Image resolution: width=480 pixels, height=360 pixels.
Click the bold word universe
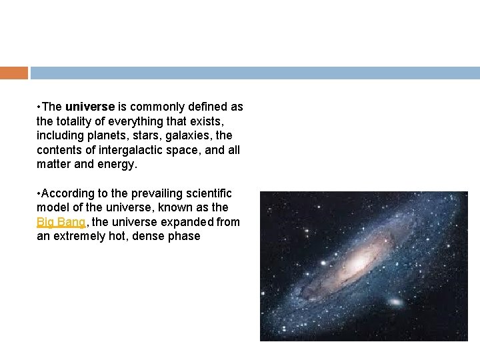pos(90,107)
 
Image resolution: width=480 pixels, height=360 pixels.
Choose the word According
pos(66,193)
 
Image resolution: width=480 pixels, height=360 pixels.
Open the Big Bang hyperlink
pos(61,222)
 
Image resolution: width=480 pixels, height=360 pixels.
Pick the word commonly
pos(154,107)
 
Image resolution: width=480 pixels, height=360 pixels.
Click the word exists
pos(204,121)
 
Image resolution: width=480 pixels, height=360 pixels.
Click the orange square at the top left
pos(14,73)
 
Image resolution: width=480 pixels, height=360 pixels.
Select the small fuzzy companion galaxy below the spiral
pos(395,303)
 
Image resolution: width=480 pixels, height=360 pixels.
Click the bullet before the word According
pos(40,193)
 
